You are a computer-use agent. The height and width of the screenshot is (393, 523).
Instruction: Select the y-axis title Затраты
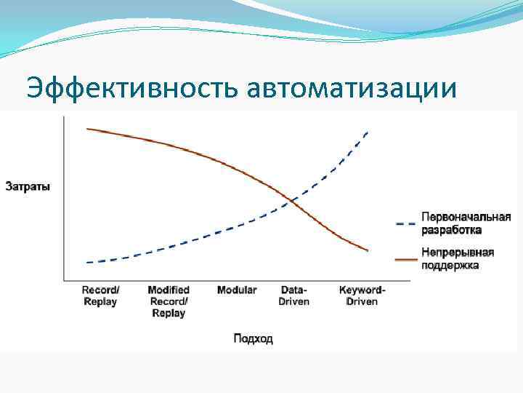tap(28, 186)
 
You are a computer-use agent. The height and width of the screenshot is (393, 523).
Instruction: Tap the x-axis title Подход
tap(253, 339)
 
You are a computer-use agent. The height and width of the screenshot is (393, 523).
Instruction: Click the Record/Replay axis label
tap(100, 295)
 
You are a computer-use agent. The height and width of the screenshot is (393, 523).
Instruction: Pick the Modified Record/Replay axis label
tap(168, 301)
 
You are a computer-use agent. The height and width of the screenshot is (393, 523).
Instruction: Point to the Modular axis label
tap(237, 290)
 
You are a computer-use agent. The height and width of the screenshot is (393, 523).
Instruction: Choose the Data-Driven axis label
tap(294, 295)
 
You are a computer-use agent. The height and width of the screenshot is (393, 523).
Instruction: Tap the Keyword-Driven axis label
tap(362, 295)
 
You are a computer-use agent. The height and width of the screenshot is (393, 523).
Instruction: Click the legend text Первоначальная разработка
tap(466, 223)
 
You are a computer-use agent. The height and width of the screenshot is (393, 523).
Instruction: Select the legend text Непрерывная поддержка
tap(458, 259)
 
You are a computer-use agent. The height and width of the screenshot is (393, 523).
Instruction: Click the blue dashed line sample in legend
tap(405, 223)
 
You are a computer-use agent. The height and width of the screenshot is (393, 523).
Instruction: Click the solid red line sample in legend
tap(405, 258)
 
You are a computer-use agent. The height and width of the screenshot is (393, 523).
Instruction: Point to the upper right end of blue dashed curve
tap(368, 131)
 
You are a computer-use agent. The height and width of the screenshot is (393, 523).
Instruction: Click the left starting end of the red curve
tap(87, 129)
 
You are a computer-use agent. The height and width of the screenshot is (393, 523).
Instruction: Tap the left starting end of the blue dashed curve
tap(86, 262)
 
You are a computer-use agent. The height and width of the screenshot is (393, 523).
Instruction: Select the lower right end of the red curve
tap(368, 251)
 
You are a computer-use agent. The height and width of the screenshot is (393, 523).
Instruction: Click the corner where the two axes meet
tap(65, 281)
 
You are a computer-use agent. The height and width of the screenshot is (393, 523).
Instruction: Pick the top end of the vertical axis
tap(65, 116)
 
